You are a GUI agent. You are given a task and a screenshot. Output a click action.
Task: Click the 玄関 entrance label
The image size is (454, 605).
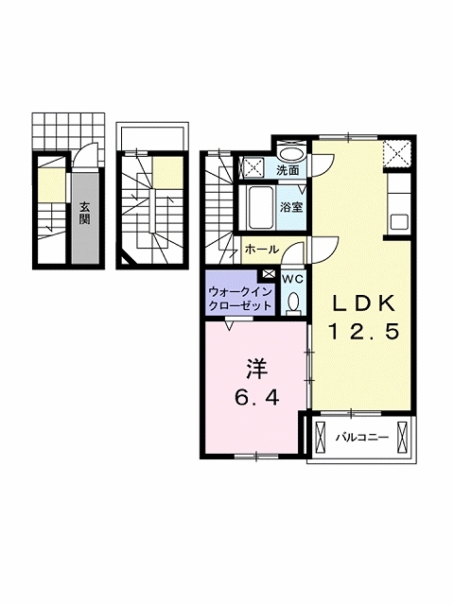click(84, 213)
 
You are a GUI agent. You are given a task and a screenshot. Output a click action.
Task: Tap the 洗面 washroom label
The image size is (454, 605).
click(288, 170)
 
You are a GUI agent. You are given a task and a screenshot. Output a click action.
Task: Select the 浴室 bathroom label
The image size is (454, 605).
click(291, 208)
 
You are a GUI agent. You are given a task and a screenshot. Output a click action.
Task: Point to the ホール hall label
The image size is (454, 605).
click(262, 250)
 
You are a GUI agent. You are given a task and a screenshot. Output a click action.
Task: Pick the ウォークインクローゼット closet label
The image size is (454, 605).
click(239, 299)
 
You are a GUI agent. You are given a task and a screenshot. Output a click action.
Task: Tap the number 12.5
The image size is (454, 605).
click(363, 332)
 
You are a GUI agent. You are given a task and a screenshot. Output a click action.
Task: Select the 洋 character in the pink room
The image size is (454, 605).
click(256, 369)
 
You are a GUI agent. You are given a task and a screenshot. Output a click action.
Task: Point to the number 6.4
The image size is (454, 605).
click(256, 397)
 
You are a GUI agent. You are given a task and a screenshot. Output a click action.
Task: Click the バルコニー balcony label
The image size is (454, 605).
click(361, 438)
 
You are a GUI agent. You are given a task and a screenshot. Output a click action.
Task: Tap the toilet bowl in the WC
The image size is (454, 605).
click(294, 302)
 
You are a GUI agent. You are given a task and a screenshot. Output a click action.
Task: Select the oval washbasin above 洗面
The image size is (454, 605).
click(292, 154)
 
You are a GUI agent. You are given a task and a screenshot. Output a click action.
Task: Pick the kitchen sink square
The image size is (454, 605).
click(400, 222)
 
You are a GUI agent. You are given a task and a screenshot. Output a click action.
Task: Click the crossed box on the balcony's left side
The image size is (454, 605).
click(321, 438)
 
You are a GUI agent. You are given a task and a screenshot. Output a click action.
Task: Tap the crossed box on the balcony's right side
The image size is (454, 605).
click(402, 438)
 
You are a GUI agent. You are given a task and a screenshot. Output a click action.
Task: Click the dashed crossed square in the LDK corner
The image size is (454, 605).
click(397, 154)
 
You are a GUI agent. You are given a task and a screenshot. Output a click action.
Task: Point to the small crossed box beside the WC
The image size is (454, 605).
click(269, 273)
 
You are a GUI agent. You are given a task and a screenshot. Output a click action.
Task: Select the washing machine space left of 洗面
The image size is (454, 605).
click(252, 167)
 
